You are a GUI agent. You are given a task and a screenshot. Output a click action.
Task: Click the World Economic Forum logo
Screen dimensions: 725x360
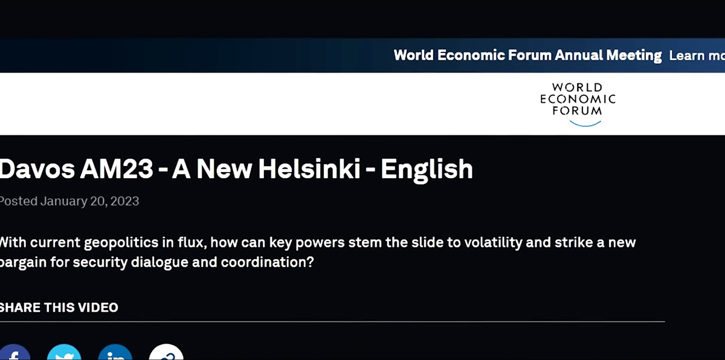(578, 104)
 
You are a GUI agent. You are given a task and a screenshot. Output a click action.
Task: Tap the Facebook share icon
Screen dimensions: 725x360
(14, 352)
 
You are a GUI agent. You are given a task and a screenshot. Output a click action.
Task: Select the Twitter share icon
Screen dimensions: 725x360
(64, 352)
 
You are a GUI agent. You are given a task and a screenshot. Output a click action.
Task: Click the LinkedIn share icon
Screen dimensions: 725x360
(115, 352)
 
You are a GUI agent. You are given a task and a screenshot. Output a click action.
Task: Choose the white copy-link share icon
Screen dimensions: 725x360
(166, 352)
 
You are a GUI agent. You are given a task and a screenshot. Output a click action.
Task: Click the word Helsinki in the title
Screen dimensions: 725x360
(309, 169)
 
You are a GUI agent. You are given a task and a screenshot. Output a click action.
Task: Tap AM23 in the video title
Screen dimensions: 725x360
(117, 169)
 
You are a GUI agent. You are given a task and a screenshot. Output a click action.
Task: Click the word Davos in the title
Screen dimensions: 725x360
(37, 169)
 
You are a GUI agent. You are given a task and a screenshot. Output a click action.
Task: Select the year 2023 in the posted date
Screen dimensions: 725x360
(124, 201)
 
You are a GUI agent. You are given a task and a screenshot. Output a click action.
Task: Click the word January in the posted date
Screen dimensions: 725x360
(64, 202)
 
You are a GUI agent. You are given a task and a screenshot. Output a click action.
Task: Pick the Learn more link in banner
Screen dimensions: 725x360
(697, 56)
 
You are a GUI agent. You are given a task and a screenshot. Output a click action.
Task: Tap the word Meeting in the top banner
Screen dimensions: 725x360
(634, 56)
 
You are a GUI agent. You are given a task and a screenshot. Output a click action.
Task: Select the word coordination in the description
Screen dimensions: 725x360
(267, 262)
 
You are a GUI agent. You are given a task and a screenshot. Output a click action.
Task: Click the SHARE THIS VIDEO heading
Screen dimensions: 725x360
(59, 307)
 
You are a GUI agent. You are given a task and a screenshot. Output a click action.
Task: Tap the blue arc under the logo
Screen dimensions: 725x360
(585, 124)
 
